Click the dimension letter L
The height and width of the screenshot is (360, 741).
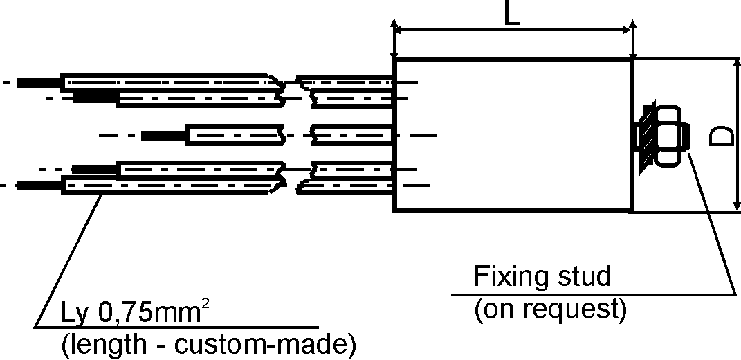pyautogui.click(x=512, y=12)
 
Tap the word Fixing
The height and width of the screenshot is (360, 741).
pyautogui.click(x=506, y=277)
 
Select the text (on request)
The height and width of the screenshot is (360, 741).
pyautogui.click(x=550, y=309)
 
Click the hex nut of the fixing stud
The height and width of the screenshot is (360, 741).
pyautogui.click(x=667, y=136)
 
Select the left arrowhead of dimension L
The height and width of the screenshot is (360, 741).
pyautogui.click(x=398, y=30)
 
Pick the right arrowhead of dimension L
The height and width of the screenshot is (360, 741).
pyautogui.click(x=627, y=30)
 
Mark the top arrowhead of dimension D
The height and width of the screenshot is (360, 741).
pyautogui.click(x=737, y=64)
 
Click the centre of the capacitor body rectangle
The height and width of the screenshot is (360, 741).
pyautogui.click(x=512, y=135)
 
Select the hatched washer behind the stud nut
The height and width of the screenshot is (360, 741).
pyautogui.click(x=647, y=136)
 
